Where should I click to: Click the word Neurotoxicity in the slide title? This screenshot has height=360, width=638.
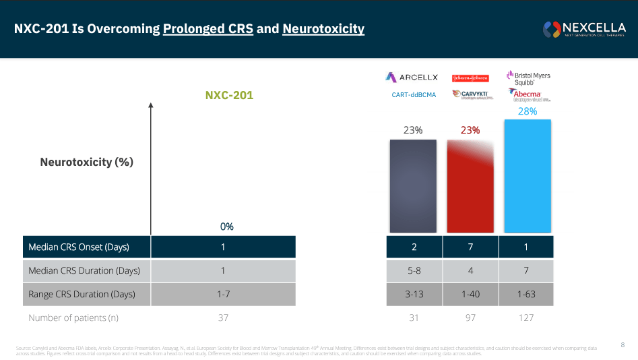323,29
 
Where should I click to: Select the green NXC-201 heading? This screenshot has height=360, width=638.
229,95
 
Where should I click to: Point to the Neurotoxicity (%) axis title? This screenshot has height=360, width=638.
87,162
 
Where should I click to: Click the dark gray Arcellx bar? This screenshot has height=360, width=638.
413,186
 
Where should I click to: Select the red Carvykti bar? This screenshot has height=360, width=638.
470,186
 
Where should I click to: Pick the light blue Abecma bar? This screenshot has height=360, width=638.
527,176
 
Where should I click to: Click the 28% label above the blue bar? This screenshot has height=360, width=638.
527,111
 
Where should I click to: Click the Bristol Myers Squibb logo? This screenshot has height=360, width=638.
528,78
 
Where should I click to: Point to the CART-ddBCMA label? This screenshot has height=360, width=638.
414,95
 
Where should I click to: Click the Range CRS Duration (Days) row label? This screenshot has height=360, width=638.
82,294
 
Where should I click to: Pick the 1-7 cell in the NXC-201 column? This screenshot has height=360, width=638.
223,294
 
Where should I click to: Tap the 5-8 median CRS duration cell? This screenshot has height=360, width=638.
414,270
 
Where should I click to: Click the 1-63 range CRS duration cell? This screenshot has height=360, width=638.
527,294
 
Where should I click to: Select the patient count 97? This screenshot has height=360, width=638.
470,318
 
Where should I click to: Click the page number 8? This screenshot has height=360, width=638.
623,344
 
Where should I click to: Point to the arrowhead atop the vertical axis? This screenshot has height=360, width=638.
151,105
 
